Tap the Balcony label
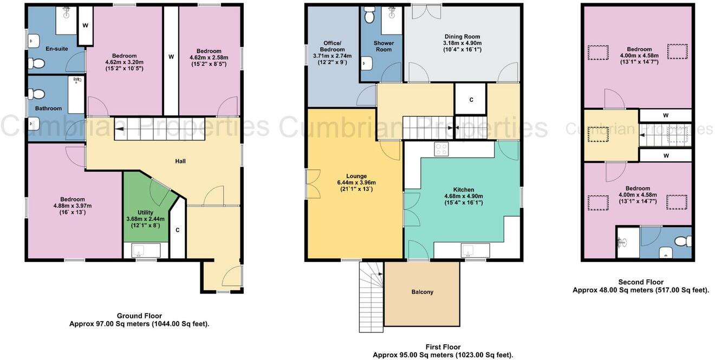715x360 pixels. pyautogui.click(x=422, y=292)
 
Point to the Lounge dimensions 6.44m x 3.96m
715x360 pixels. pyautogui.click(x=356, y=183)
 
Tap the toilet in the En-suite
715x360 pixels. pyautogui.click(x=37, y=64)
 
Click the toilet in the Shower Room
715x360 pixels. pyautogui.click(x=369, y=16)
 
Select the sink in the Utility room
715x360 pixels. pyautogui.click(x=138, y=251)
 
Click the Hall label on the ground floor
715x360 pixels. pyautogui.click(x=181, y=161)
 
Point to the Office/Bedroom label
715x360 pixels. pyautogui.click(x=332, y=46)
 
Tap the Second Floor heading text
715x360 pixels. pyautogui.click(x=641, y=282)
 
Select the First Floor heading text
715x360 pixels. pyautogui.click(x=443, y=347)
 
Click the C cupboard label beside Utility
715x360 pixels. pyautogui.click(x=177, y=230)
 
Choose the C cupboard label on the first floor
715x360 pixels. pyautogui.click(x=471, y=100)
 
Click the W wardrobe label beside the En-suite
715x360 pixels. pyautogui.click(x=85, y=25)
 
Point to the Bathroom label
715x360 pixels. pyautogui.click(x=49, y=108)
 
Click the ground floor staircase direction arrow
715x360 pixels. pyautogui.click(x=118, y=129)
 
